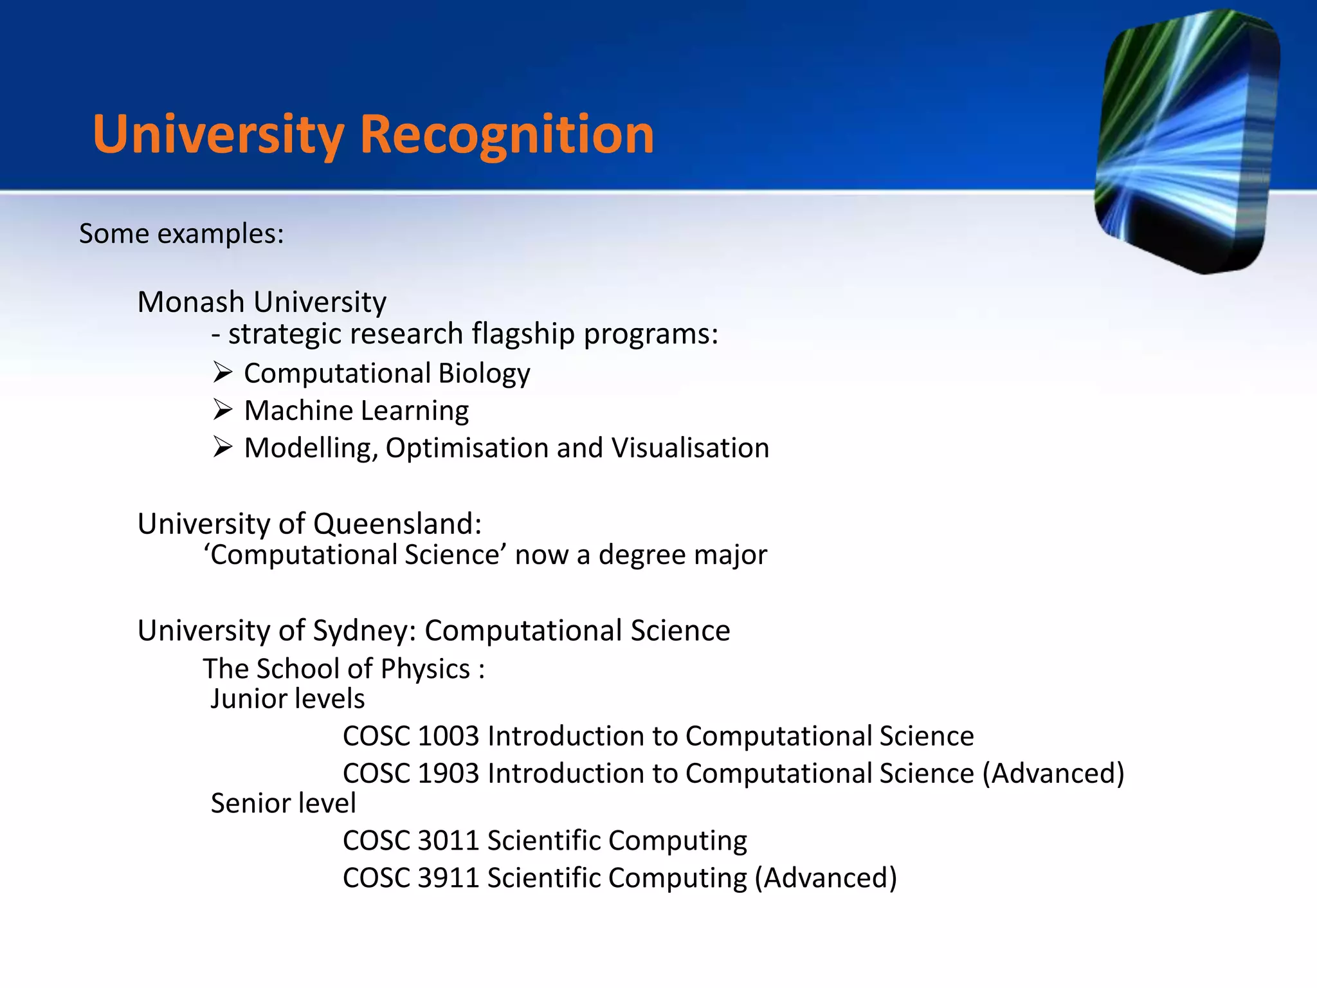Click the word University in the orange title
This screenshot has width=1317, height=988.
tap(219, 135)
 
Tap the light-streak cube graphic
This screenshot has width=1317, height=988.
tap(1186, 142)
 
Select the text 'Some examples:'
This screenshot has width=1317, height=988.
tap(181, 233)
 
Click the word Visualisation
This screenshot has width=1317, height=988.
tap(690, 448)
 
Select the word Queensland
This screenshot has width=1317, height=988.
tap(397, 524)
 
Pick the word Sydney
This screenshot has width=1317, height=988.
tap(364, 630)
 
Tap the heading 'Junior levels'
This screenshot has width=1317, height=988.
tap(287, 699)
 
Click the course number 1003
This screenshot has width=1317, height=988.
tap(448, 736)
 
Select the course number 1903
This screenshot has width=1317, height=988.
tap(448, 773)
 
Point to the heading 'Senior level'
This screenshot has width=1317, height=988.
tap(283, 803)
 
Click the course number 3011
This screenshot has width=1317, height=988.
tap(448, 841)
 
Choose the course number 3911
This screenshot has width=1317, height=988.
tap(448, 878)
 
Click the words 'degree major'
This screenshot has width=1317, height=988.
tap(683, 554)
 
